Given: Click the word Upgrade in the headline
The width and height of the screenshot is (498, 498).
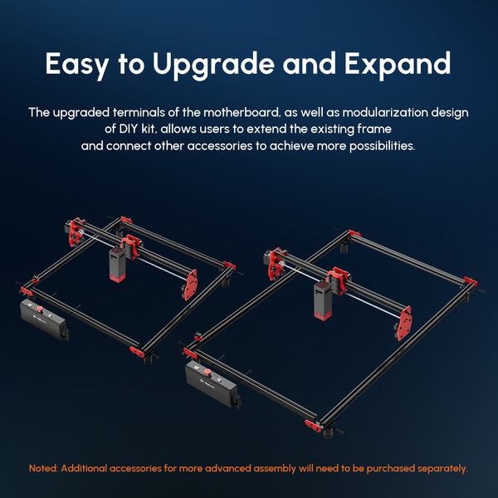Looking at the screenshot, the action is pos(213,65).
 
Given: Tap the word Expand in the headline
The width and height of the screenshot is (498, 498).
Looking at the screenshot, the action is pos(398,65).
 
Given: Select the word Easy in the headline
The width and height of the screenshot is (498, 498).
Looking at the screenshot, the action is pos(77,65).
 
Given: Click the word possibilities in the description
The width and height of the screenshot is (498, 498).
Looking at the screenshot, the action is pos(383,146).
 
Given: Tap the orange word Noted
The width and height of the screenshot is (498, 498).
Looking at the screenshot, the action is pos(43,468).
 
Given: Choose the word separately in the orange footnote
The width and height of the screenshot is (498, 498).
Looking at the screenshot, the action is pos(442,468).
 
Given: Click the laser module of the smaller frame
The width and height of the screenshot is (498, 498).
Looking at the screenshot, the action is pos(118,265).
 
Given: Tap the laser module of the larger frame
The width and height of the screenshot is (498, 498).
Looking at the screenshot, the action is pos(323,300).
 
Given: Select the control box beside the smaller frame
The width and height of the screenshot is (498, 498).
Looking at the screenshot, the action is pos(44,320).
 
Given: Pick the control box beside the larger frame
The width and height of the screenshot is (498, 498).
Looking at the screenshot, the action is pos(212,384).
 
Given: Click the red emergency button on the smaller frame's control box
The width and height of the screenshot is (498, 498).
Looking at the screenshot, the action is pos(40,309).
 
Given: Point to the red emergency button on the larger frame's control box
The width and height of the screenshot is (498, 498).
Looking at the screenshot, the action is pos(207,371).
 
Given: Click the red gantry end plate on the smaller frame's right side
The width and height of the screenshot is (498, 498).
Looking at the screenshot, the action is pos(191,285).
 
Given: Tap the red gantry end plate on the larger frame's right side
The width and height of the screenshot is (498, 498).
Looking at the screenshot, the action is pos(404,323).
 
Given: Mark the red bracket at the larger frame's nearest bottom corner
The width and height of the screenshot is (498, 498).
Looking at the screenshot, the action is pos(313,426).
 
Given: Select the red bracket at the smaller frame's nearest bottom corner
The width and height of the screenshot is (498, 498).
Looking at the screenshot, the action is pos(137,352).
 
